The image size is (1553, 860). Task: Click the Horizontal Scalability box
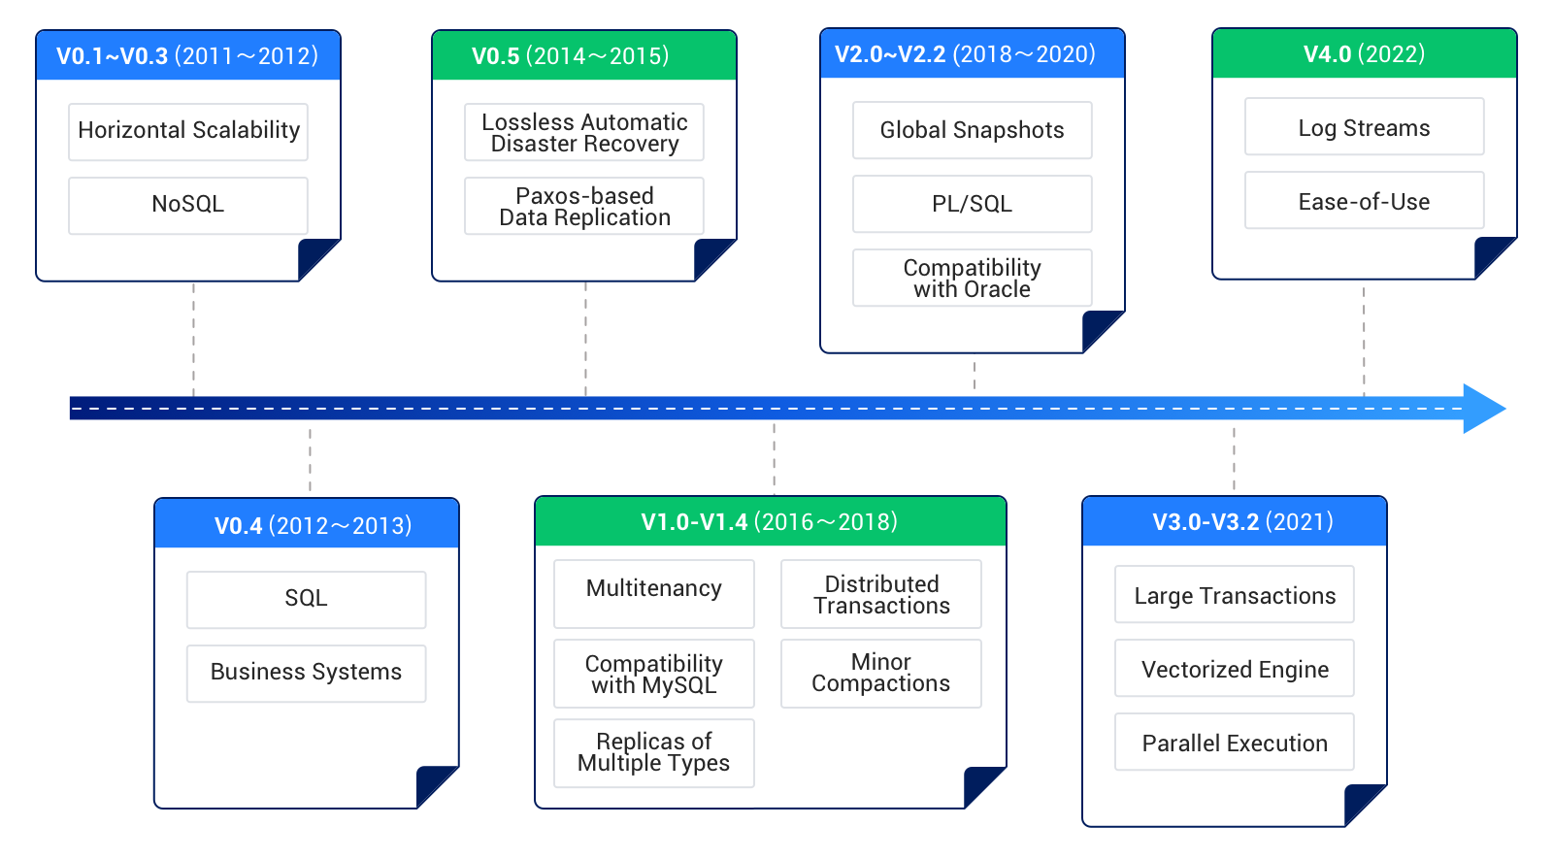coord(188,132)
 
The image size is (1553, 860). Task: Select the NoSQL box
coord(188,205)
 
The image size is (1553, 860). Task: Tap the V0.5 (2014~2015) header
coord(583,55)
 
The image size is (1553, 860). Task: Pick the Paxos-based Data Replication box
coord(583,206)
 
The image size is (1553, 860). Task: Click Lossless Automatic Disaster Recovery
coord(583,132)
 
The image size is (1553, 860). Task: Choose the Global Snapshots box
coord(972,130)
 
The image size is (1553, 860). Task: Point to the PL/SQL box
coord(972,204)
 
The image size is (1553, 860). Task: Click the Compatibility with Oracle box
coord(972,278)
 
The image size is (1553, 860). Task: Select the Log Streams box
coord(1364,126)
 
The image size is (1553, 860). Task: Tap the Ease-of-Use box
coord(1364,200)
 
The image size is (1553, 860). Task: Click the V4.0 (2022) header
coord(1364,53)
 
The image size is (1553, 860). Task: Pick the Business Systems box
coord(306,673)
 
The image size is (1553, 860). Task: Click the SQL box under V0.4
coord(306,599)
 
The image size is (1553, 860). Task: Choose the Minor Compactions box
coord(880,673)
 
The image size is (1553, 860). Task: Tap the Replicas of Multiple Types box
coord(653,752)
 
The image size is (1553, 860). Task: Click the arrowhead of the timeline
coord(1482,409)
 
